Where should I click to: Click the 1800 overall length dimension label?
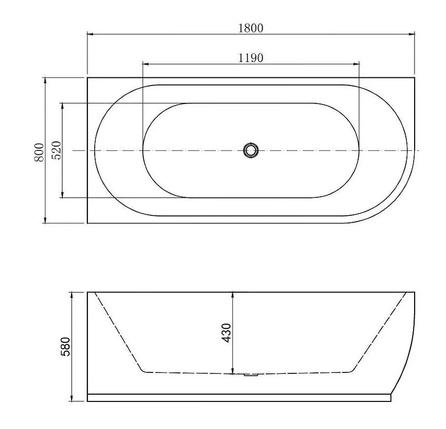click(x=251, y=28)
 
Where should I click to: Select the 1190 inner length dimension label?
click(x=251, y=58)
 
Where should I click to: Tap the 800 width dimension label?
click(x=40, y=152)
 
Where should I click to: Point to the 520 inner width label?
click(x=57, y=150)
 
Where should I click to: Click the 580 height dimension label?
click(x=65, y=347)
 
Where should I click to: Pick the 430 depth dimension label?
click(x=226, y=333)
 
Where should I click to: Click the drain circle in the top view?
click(x=251, y=150)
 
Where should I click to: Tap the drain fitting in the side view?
click(x=251, y=375)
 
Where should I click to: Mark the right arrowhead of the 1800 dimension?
click(x=411, y=34)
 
